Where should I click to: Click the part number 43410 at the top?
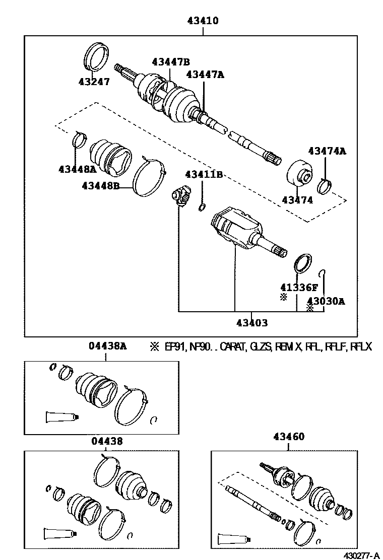[x=203, y=22]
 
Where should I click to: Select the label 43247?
[x=94, y=82]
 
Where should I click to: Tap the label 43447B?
[x=171, y=62]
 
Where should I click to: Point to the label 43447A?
[x=205, y=75]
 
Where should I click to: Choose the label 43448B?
[x=101, y=186]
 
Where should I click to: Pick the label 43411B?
[x=204, y=174]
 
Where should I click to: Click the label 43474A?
[x=328, y=151]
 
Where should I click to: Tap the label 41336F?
[x=299, y=288]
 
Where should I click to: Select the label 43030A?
[x=326, y=301]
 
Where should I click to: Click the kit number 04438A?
[x=107, y=346]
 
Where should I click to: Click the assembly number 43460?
[x=289, y=437]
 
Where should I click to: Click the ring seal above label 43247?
[x=96, y=56]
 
